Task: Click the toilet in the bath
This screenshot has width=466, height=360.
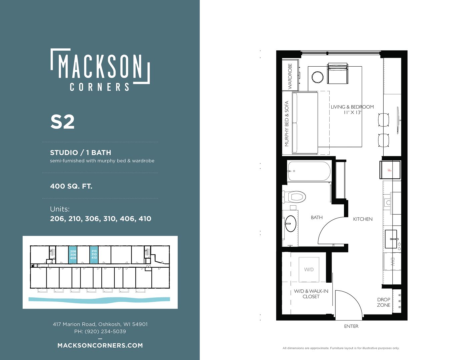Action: click(294, 197)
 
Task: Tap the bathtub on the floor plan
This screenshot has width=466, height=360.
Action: click(309, 171)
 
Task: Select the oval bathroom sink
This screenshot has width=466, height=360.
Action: click(291, 224)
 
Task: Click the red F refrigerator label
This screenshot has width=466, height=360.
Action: click(390, 170)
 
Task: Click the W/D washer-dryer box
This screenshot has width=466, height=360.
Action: click(309, 270)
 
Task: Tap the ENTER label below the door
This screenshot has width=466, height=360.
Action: click(351, 326)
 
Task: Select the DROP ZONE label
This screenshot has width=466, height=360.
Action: click(384, 302)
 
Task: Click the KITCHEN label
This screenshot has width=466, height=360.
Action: click(363, 219)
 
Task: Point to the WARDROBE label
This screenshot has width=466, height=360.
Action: click(290, 76)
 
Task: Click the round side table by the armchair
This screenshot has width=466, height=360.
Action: click(317, 77)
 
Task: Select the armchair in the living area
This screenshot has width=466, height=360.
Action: click(337, 73)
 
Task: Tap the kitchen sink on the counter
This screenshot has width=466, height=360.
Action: click(391, 239)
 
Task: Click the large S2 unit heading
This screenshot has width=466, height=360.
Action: click(62, 122)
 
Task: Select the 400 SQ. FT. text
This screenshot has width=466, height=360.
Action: click(71, 186)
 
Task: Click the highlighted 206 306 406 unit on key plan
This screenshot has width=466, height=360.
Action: click(73, 255)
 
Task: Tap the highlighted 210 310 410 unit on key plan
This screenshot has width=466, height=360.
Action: click(94, 255)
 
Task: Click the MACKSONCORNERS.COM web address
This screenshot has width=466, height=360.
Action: click(100, 345)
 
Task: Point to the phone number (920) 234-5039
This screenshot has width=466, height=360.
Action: click(105, 331)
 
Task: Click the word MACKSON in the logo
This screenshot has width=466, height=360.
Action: click(100, 66)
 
